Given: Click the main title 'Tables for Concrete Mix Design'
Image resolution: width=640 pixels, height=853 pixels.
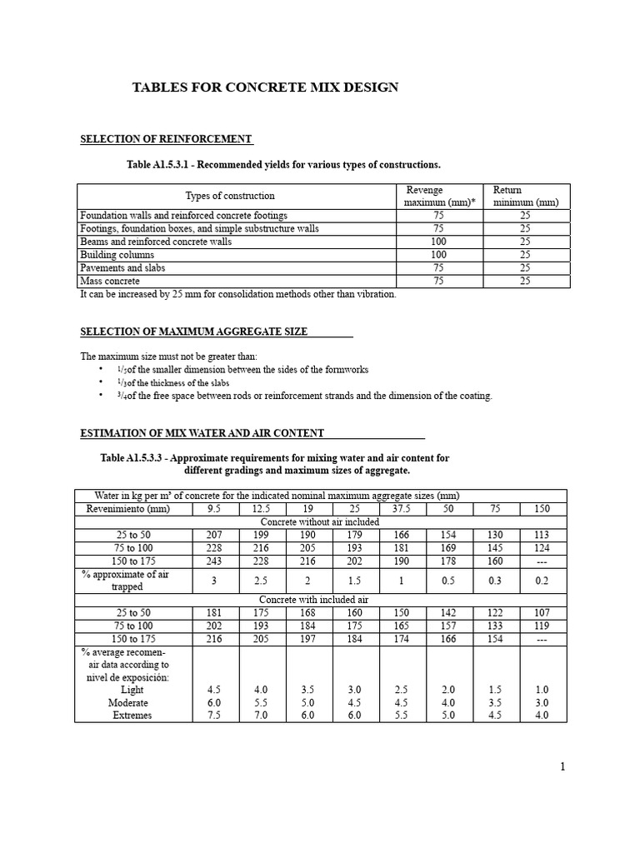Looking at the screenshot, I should click(265, 87).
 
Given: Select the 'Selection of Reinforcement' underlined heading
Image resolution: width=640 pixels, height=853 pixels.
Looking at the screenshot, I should click(166, 138).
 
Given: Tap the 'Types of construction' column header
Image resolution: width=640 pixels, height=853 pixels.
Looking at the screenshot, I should click(229, 196).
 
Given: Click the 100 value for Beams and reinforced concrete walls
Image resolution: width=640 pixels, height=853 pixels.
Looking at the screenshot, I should click(438, 242).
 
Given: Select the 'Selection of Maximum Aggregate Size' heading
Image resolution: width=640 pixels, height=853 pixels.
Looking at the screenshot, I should click(193, 332).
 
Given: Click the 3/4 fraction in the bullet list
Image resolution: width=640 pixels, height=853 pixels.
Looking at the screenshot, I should click(122, 396).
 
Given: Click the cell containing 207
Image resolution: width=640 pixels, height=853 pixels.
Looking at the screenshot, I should click(216, 536).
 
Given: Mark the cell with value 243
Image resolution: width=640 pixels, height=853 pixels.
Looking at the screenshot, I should click(216, 562).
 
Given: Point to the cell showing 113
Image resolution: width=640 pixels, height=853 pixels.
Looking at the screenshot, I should click(543, 536).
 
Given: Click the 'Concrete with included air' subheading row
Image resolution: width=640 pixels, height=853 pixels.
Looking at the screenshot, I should click(320, 600).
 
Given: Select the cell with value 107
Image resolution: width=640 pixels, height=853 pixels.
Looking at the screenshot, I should click(543, 613).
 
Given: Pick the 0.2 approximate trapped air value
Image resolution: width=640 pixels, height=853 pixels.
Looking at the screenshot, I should click(543, 581).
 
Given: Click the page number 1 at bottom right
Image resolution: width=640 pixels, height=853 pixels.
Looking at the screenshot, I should click(563, 767).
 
